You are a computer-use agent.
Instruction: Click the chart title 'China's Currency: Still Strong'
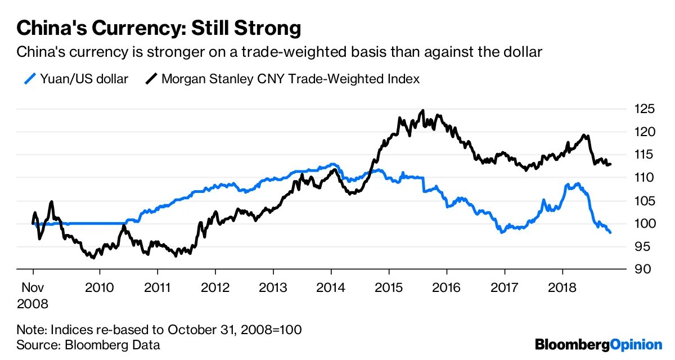(x=159, y=28)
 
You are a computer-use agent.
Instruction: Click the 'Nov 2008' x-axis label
(x=33, y=295)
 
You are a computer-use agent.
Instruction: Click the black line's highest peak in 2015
(x=423, y=111)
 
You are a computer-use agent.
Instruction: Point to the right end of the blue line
(x=610, y=232)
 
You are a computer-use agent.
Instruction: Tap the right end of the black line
(x=611, y=164)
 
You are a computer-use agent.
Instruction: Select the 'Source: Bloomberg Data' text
(x=88, y=345)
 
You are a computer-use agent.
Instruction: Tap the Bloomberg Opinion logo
(x=598, y=344)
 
